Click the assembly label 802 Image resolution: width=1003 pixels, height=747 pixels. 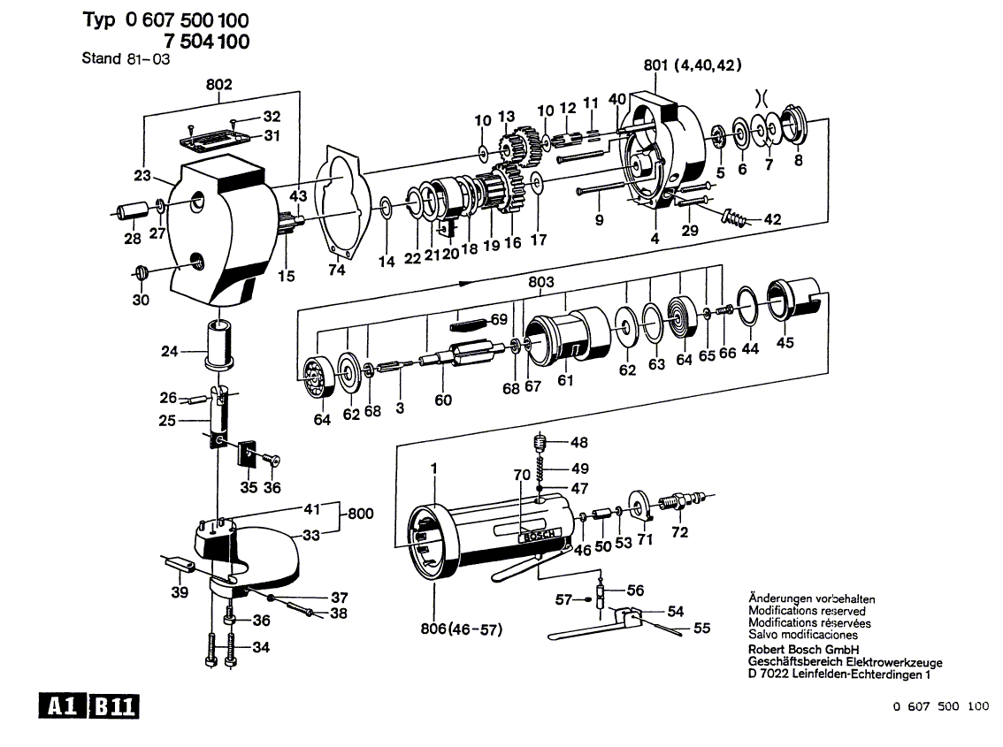click(x=218, y=85)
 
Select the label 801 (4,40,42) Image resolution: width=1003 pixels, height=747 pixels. click(x=693, y=65)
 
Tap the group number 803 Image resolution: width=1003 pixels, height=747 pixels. click(x=540, y=283)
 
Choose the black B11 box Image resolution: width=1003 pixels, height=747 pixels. click(x=112, y=706)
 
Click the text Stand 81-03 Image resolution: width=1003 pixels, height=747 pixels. click(x=126, y=59)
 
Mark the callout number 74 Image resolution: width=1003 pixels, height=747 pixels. click(x=336, y=271)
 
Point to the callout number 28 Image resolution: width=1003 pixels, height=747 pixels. click(x=132, y=240)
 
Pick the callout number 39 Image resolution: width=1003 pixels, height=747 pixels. click(x=180, y=591)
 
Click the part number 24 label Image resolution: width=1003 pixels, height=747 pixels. click(x=170, y=351)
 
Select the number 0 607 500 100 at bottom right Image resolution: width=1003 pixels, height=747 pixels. click(x=940, y=706)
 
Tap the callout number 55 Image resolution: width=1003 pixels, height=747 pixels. click(x=702, y=629)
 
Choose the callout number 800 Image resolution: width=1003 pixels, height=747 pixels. click(x=360, y=513)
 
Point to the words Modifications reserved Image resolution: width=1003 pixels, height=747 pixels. click(x=807, y=611)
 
